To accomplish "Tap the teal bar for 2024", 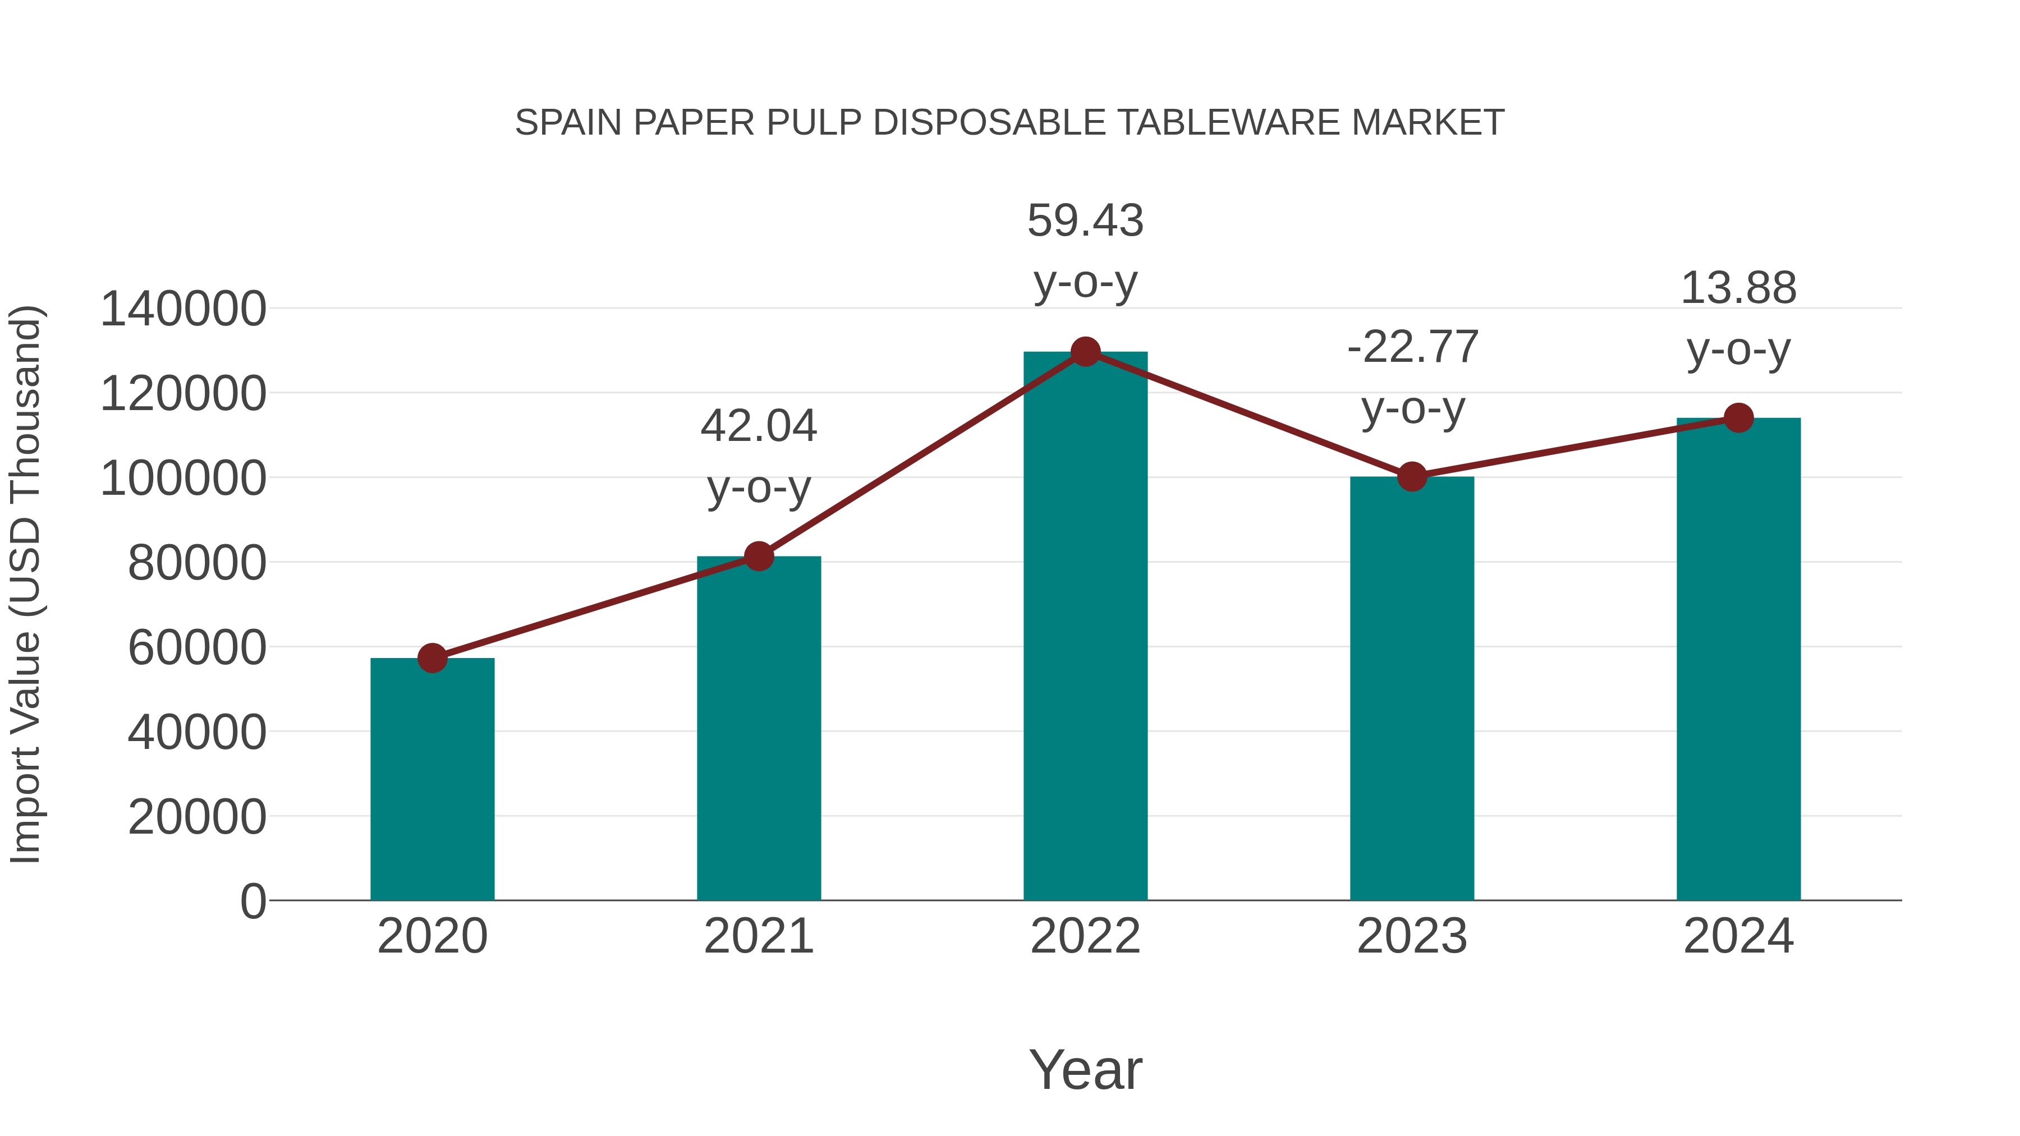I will [1738, 659].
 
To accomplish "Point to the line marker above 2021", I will [758, 556].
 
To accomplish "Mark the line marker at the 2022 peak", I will [1085, 352].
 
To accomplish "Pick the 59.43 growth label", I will [1085, 220].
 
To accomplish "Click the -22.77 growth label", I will [1412, 347].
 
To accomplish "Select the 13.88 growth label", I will [1738, 288].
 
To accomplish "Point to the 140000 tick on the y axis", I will [183, 309].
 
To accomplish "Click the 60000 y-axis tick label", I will [197, 647].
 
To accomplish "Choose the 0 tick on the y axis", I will [253, 901].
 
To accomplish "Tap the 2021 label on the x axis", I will [758, 936].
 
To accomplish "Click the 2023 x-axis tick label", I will [1412, 936].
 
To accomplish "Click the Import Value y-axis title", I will [25, 584].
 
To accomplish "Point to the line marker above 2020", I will [432, 658].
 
